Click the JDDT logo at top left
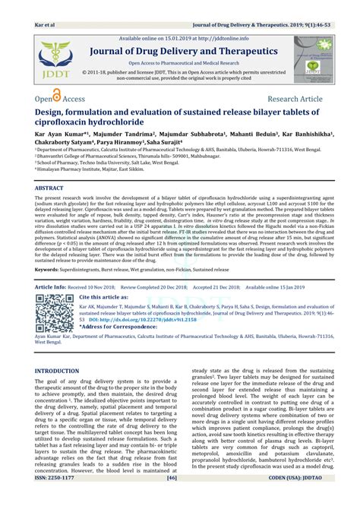pyautogui.click(x=49, y=60)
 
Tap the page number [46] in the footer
pyautogui.click(x=172, y=500)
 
